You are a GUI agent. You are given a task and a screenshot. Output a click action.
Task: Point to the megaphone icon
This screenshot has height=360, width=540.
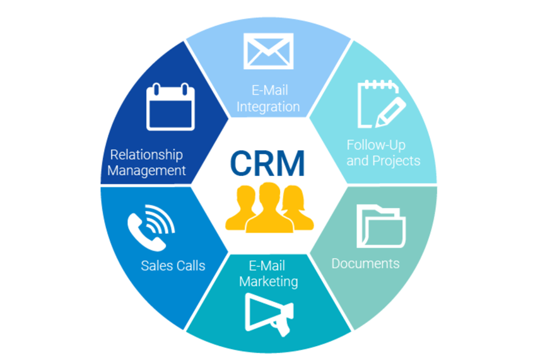[268, 313]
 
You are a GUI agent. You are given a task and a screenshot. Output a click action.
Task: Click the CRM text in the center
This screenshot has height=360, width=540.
[267, 161]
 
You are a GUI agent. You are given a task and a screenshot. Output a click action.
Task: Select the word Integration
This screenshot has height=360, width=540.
[268, 107]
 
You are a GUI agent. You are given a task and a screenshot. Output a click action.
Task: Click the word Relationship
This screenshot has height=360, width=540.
[146, 154]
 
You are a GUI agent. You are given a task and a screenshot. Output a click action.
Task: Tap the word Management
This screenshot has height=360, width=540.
[146, 170]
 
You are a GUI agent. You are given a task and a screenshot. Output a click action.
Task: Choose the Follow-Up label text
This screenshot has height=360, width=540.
[376, 145]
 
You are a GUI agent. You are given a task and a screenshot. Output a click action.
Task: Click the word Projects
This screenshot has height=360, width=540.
[396, 161]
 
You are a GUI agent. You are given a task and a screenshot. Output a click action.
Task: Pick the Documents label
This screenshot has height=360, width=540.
[365, 263]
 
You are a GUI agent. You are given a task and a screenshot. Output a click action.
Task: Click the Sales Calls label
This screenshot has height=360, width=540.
[173, 265]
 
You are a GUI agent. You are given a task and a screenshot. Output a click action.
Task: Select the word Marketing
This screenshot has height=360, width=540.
[268, 281]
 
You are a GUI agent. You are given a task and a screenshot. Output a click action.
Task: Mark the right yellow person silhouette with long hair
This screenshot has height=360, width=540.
[297, 211]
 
